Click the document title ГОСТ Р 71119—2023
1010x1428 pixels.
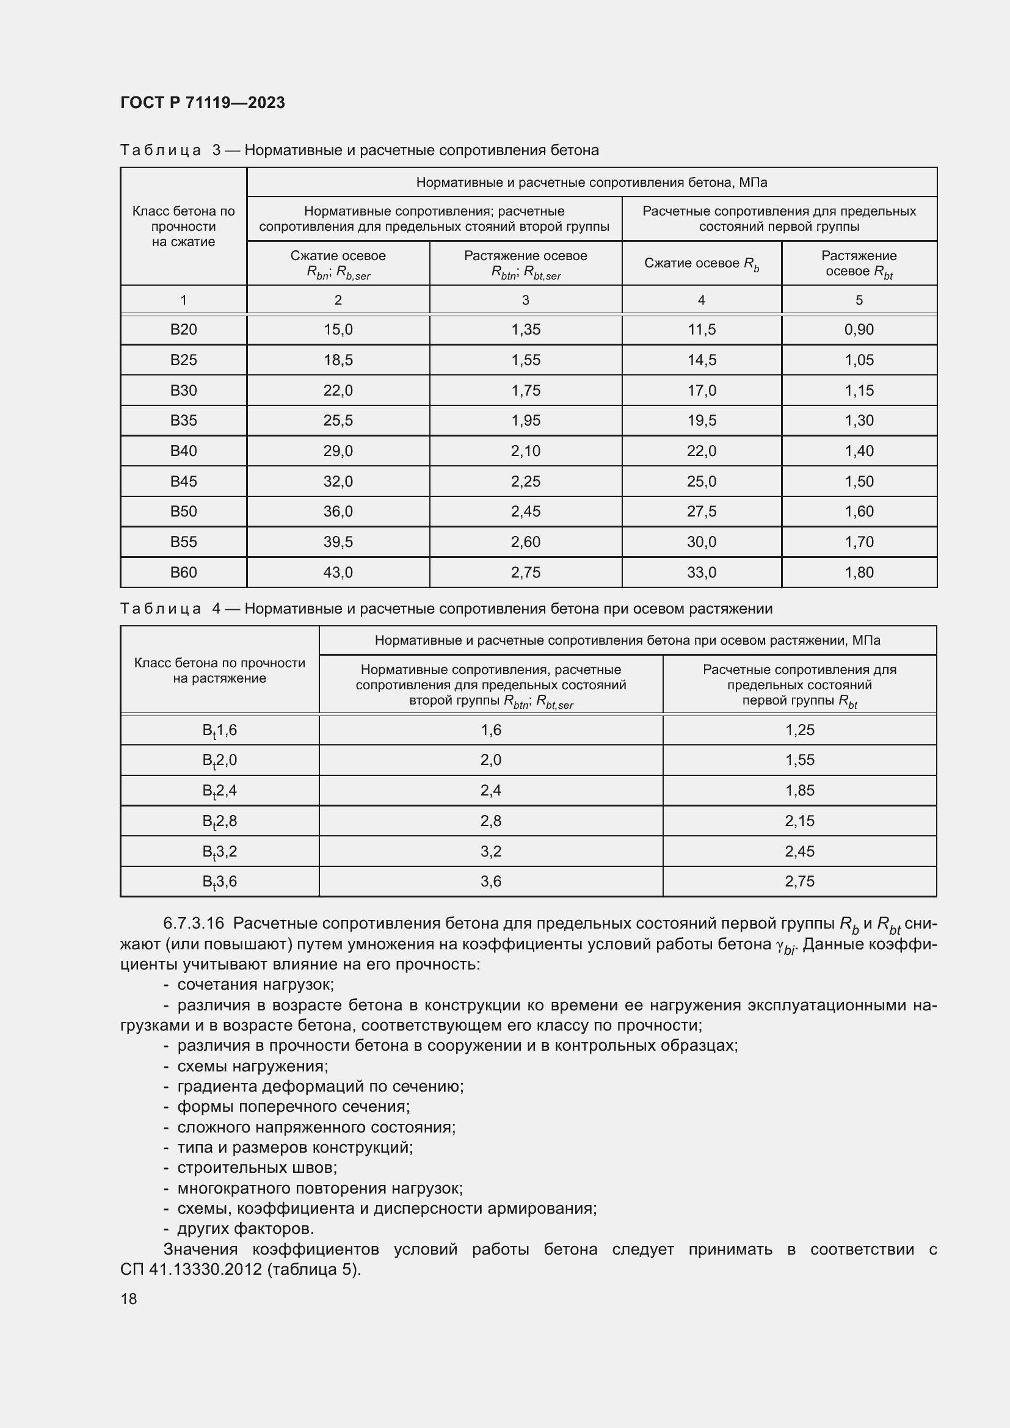[202, 103]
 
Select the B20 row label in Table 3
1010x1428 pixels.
[183, 330]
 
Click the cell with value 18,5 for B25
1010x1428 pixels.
[338, 360]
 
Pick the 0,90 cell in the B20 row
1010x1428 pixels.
[859, 330]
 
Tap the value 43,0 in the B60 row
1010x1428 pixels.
[338, 572]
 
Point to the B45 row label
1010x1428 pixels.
[183, 481]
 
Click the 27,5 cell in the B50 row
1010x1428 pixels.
[702, 511]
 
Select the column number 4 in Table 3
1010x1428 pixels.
[702, 300]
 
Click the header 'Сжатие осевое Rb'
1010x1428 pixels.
[702, 264]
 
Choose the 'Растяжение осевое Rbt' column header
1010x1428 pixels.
[859, 264]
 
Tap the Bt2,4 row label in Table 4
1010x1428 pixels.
[220, 791]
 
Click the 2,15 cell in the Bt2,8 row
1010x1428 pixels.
[799, 821]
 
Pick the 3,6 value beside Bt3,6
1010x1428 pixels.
[491, 882]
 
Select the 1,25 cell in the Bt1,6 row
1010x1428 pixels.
[799, 730]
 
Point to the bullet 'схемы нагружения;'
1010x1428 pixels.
[253, 1066]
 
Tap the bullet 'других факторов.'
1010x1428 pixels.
[245, 1228]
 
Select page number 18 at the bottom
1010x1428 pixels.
[129, 1299]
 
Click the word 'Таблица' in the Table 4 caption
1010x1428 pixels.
[161, 609]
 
